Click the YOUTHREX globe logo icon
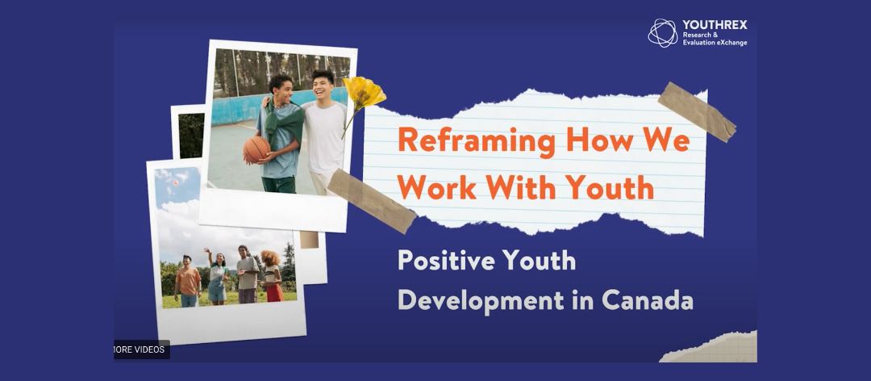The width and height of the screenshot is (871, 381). coord(663,33)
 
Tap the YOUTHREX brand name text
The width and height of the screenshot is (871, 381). coord(715,25)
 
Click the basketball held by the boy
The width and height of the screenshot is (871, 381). coord(256,149)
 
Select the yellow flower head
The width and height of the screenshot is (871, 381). coord(364,93)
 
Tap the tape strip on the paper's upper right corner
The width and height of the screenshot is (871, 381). coord(697,111)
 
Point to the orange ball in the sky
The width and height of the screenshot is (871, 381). coord(175,183)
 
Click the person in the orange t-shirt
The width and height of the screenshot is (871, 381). coord(188,282)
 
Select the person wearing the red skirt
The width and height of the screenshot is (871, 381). coord(273,276)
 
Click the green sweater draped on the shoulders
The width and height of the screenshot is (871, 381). coord(285,123)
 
